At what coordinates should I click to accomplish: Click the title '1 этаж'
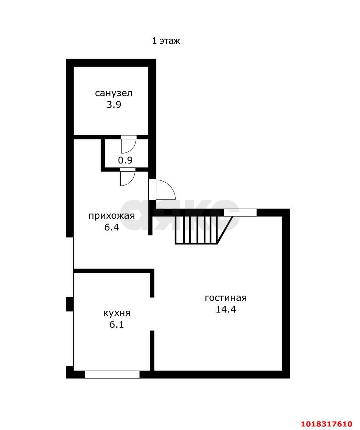[166, 41]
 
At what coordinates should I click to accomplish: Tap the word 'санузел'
[113, 93]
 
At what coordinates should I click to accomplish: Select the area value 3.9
[114, 105]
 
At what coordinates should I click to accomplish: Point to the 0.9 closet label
[125, 160]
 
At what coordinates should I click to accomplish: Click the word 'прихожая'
[112, 216]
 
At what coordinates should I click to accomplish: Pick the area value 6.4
[112, 228]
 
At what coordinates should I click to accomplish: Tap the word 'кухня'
[117, 313]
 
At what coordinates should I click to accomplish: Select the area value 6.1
[117, 324]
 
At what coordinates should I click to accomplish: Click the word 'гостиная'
[226, 298]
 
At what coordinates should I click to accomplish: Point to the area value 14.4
[226, 309]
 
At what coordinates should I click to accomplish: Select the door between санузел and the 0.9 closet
[129, 144]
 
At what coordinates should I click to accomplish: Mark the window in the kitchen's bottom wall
[112, 375]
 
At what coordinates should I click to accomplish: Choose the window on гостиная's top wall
[240, 212]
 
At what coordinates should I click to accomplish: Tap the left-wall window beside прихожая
[70, 267]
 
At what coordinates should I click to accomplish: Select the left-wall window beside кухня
[70, 339]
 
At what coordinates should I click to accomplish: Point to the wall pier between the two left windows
[70, 304]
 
